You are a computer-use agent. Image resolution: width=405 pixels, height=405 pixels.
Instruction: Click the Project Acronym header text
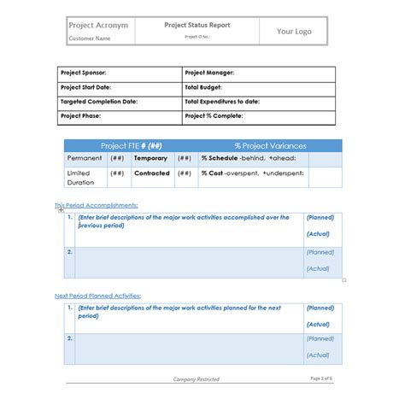pos(98,26)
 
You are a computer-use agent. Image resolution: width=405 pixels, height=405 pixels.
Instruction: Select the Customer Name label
pos(90,38)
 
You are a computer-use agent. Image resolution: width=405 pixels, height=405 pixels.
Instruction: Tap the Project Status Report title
pos(197,26)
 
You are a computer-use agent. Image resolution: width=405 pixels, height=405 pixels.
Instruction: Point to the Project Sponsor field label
pos(83,73)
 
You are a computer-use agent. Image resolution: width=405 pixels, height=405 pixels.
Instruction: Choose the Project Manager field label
pos(209,73)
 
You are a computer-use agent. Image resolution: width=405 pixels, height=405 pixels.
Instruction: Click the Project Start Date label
pos(87,87)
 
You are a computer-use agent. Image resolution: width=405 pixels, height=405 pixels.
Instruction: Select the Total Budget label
pos(204,87)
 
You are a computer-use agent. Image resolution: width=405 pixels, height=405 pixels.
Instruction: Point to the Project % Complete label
pos(213,114)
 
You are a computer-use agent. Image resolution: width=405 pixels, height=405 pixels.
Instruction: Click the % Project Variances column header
pos(270,145)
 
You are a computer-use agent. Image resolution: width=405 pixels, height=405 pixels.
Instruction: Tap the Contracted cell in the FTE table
pos(152,173)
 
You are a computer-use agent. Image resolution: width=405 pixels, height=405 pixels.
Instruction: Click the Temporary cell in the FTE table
pos(151,158)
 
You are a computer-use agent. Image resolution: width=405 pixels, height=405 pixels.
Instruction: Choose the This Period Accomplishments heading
pos(96,205)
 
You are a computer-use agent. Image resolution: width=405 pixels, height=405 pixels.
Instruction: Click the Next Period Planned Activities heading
pos(97,296)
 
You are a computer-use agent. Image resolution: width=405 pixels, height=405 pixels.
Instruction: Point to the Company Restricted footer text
pos(196,379)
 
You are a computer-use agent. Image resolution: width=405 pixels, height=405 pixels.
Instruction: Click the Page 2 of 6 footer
pos(321,378)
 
